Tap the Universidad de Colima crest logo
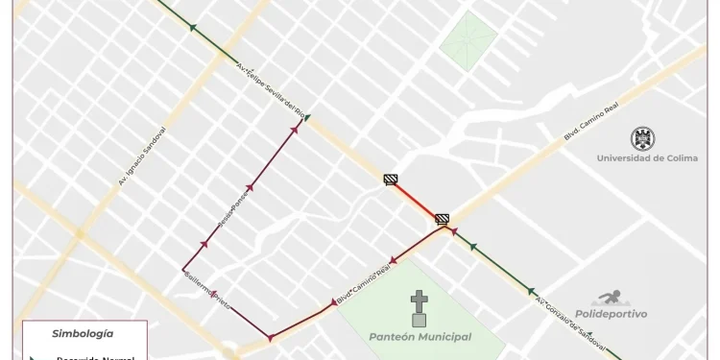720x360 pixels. pos(640,138)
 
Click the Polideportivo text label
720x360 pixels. pos(611,314)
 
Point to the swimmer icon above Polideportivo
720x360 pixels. pos(610,299)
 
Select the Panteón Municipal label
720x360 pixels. pos(420,337)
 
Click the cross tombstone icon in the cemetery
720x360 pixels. pos(419,308)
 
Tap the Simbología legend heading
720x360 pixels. pos(83,334)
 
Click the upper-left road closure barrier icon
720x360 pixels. pos(391,179)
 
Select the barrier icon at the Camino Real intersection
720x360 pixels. pos(442,219)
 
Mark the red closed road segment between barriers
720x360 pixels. pos(417,201)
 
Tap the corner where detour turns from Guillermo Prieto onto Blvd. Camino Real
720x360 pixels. pos(271,338)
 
